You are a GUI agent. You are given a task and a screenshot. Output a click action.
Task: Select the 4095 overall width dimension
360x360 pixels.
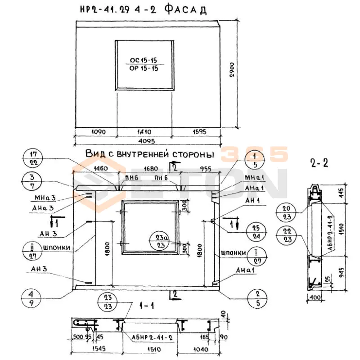147,141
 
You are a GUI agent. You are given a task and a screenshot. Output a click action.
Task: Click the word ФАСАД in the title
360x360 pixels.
183,9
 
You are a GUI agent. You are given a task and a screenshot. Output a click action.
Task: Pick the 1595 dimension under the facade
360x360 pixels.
195,132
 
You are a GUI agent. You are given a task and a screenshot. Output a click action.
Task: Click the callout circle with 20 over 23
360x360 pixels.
287,212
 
